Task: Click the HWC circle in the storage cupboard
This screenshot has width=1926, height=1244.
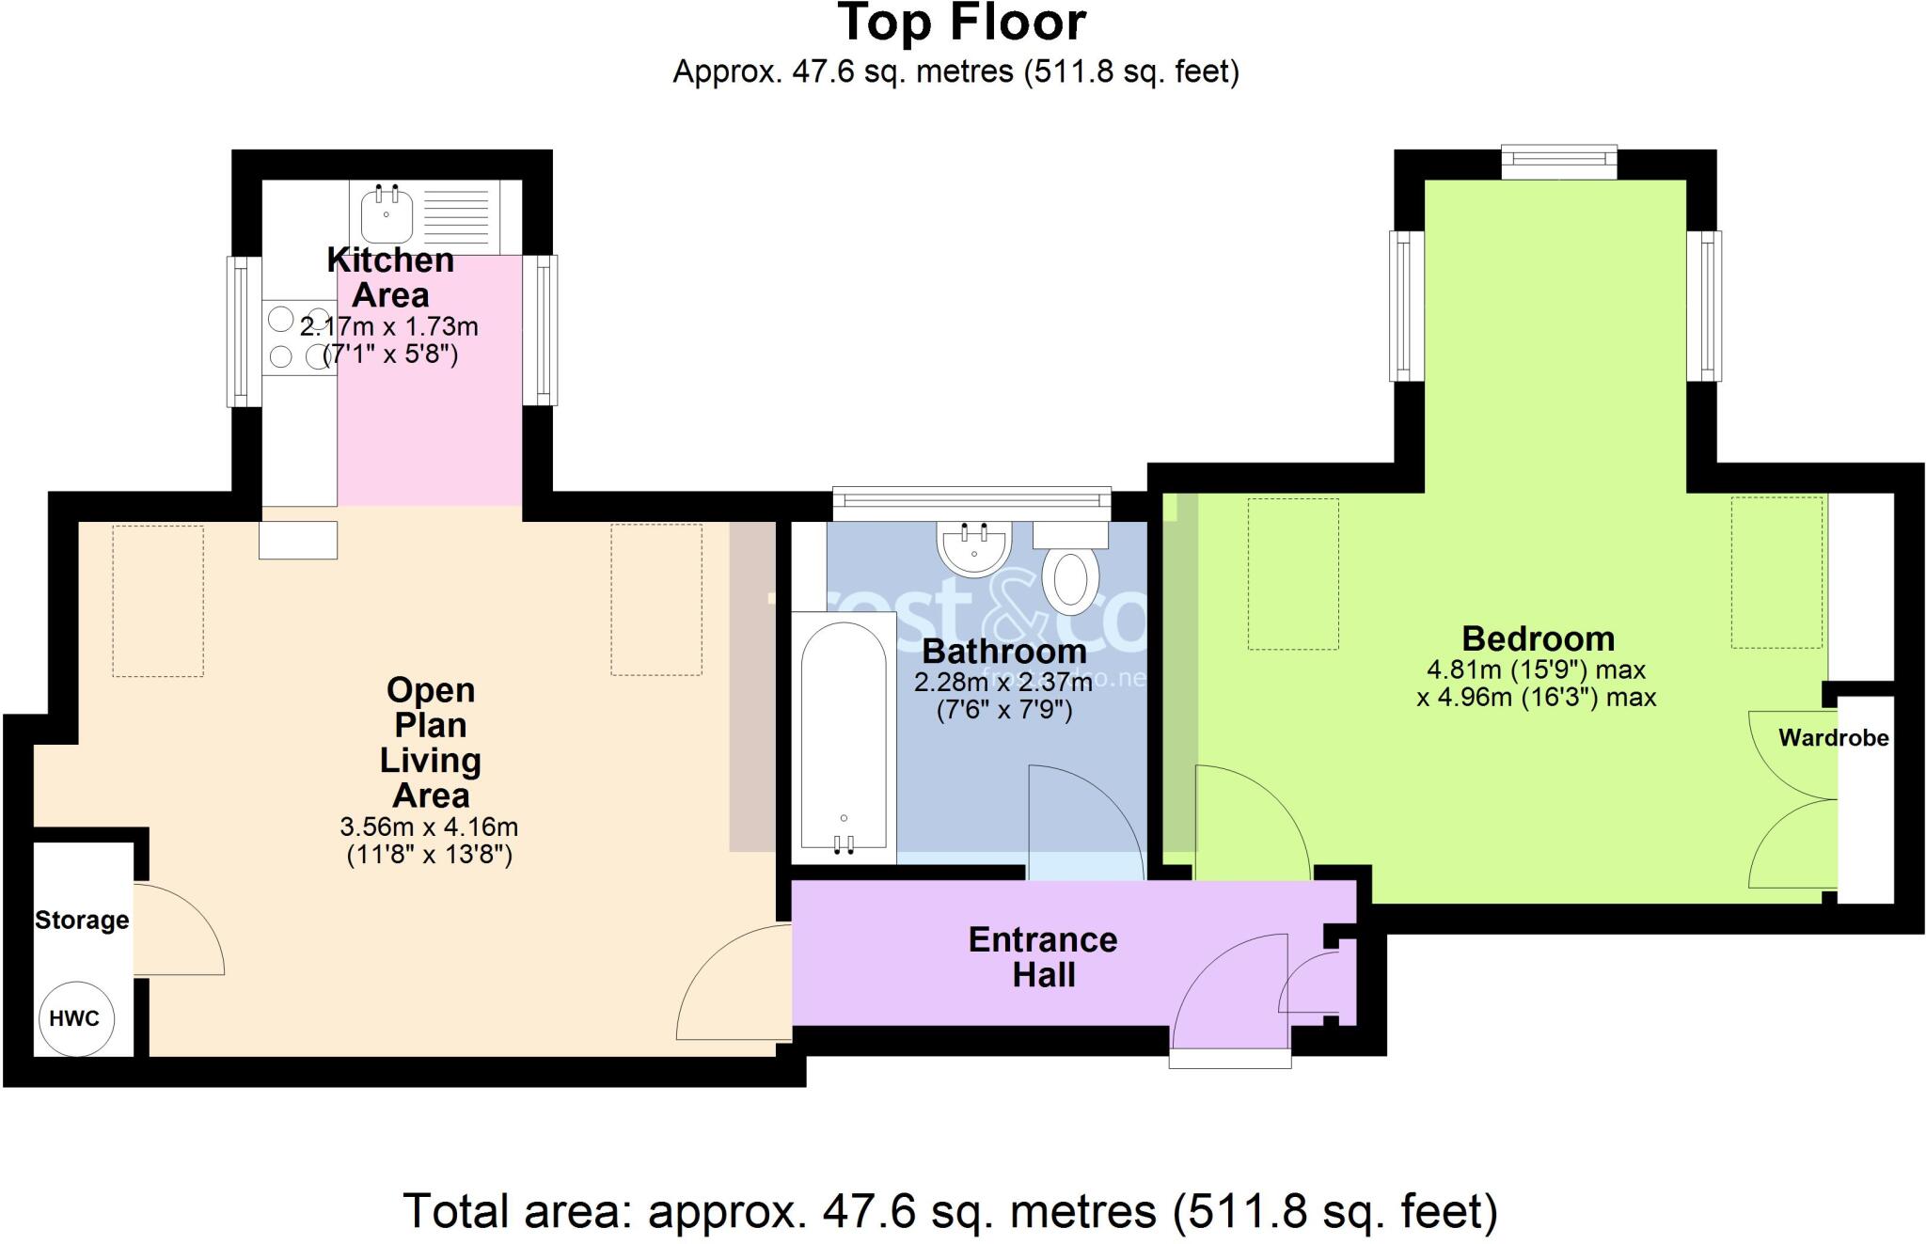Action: pos(75,1018)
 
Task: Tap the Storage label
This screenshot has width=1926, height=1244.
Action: pos(82,920)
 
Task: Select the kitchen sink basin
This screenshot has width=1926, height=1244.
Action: pos(387,213)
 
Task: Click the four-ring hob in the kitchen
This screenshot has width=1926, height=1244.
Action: pos(298,338)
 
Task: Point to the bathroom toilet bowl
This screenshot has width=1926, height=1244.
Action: pos(1070,581)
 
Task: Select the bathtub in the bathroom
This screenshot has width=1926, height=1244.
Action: pos(844,733)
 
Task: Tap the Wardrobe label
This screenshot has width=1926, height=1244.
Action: pos(1833,738)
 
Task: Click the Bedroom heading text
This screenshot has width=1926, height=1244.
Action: pos(1538,638)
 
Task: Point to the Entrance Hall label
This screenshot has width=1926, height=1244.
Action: pos(1043,956)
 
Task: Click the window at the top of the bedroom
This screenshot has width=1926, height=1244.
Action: pos(1558,161)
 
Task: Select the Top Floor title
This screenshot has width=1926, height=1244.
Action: pos(962,24)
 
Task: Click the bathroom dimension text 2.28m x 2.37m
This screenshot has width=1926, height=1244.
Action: pos(1003,681)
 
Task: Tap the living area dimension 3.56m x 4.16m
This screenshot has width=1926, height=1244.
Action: pos(429,827)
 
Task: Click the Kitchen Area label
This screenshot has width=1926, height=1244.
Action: pos(390,276)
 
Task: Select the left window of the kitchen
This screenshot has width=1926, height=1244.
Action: pos(243,331)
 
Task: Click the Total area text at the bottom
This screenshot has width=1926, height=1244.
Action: pos(950,1211)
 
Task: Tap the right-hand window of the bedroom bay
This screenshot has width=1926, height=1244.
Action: pos(1704,306)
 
